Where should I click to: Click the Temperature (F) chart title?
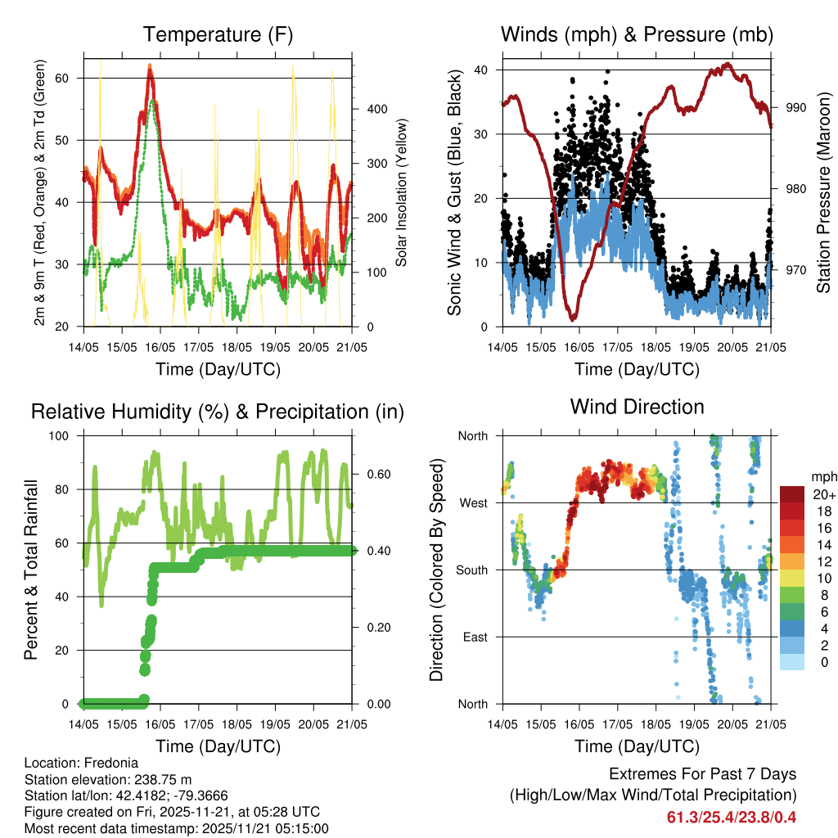(218, 35)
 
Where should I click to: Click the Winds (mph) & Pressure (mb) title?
(637, 35)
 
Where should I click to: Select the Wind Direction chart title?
(637, 406)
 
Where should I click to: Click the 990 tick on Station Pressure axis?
(789, 107)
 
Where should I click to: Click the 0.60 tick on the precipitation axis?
(370, 474)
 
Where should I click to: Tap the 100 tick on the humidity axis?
(64, 436)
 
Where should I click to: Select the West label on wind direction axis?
(472, 502)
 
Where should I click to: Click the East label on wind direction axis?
(474, 637)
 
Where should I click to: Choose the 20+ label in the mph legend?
(819, 493)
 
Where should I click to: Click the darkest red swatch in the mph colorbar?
(791, 493)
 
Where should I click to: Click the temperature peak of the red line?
(150, 69)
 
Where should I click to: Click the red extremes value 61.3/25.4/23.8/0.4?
(732, 818)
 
